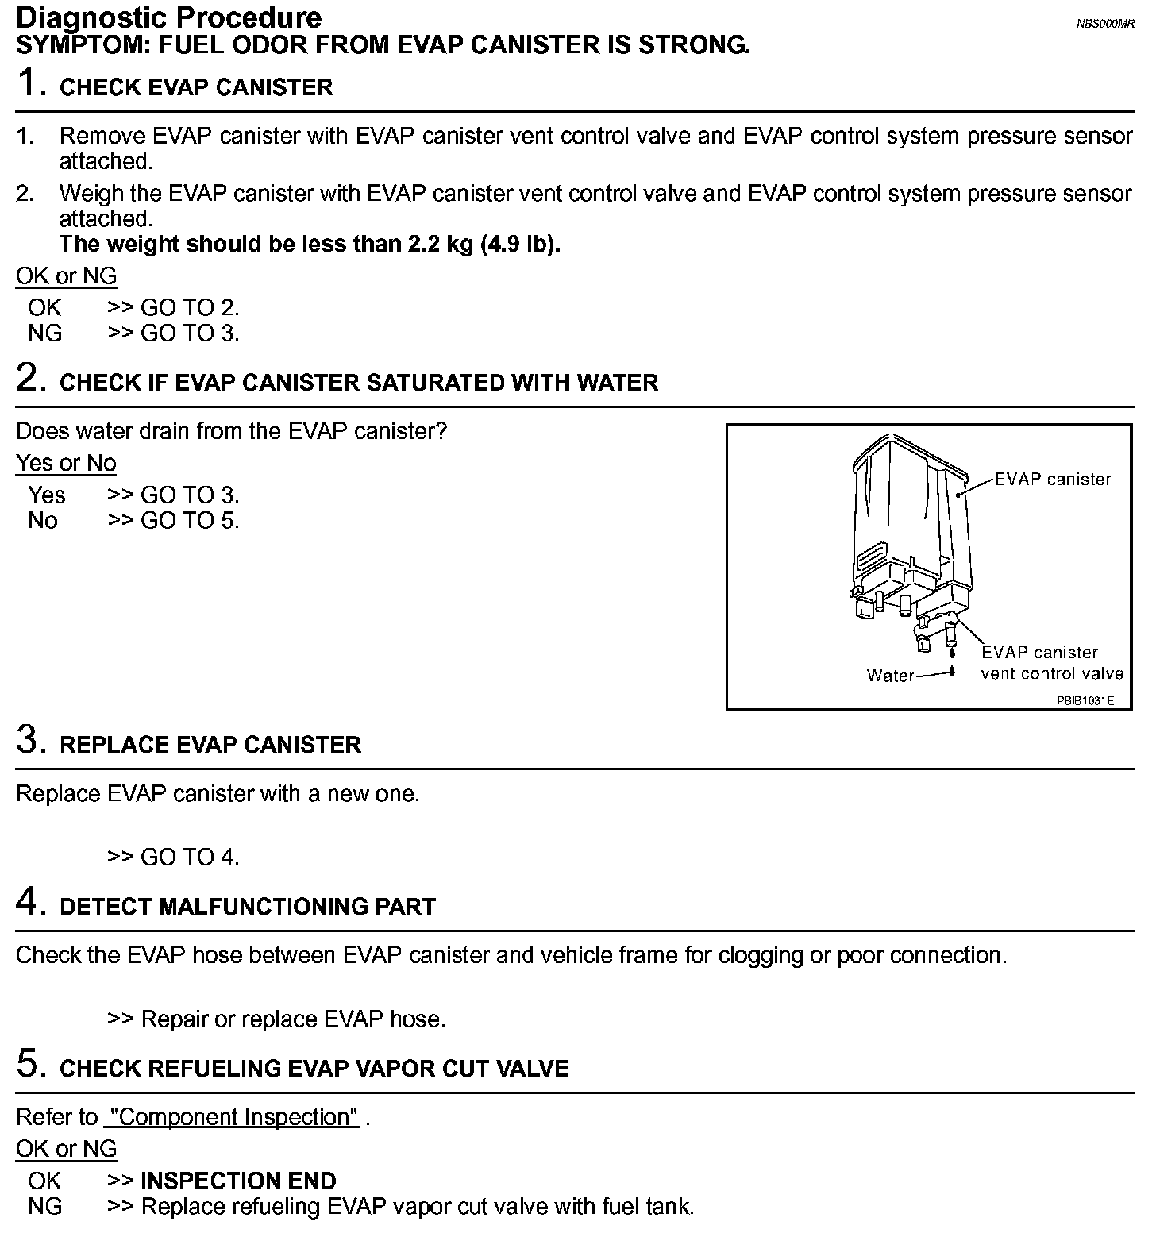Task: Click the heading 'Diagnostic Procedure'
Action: pyautogui.click(x=169, y=17)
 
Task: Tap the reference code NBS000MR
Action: pyautogui.click(x=1104, y=24)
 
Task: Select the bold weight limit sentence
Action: pyautogui.click(x=310, y=244)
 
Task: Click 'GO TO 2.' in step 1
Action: pyautogui.click(x=190, y=307)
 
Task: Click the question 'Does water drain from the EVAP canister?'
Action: pyautogui.click(x=231, y=431)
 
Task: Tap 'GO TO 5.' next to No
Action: pyautogui.click(x=190, y=520)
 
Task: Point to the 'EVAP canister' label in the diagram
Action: pyautogui.click(x=1052, y=479)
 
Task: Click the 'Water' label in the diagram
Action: pyautogui.click(x=890, y=675)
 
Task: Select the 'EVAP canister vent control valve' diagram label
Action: pyautogui.click(x=1051, y=663)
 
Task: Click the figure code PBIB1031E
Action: pyautogui.click(x=1085, y=700)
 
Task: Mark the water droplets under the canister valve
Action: pyautogui.click(x=951, y=661)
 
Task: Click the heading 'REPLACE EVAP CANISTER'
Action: pyautogui.click(x=210, y=745)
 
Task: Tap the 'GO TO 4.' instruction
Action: pyautogui.click(x=190, y=857)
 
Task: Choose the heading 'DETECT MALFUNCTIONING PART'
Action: pyautogui.click(x=248, y=907)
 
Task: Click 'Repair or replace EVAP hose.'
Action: pyautogui.click(x=293, y=1019)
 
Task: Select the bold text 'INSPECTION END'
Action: pyautogui.click(x=238, y=1181)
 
